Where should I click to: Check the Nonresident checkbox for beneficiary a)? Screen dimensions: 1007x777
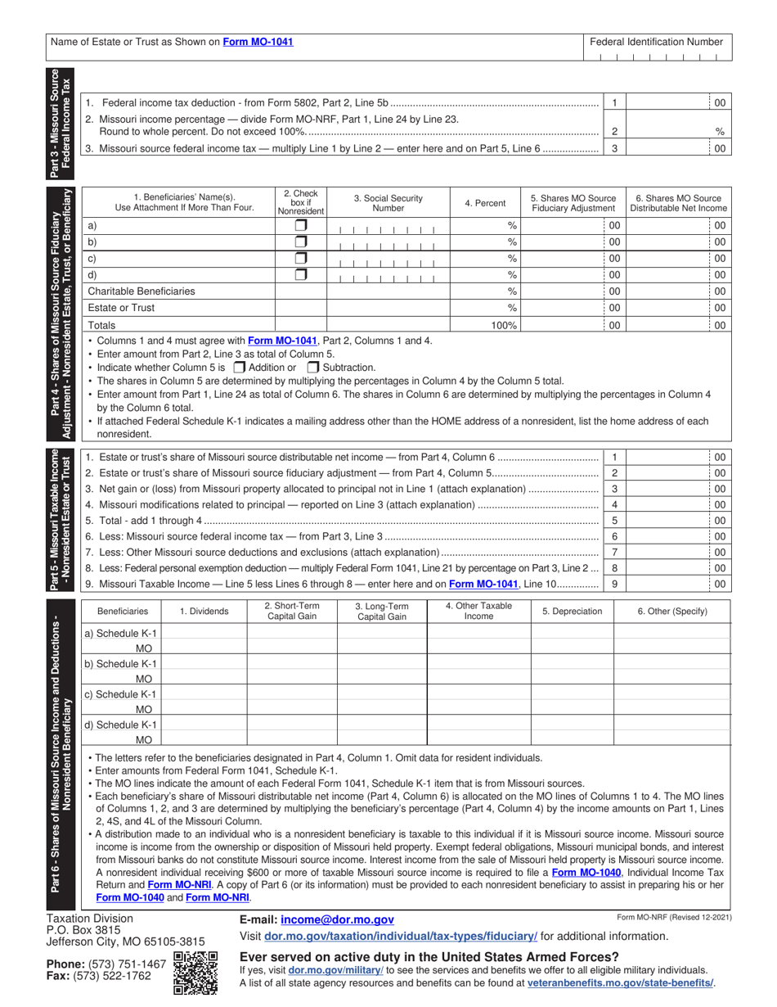[x=301, y=225]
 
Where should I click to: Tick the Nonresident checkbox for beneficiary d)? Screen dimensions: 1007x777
[x=301, y=275]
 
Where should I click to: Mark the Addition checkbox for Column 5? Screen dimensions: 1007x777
[x=240, y=368]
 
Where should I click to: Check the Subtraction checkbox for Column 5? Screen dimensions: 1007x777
[x=312, y=368]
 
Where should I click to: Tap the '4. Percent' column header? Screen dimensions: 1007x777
[x=485, y=203]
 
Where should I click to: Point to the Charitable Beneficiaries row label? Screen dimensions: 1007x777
[x=141, y=291]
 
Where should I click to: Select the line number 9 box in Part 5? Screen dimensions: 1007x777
[x=614, y=584]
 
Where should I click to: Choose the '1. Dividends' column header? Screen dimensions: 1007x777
[x=204, y=611]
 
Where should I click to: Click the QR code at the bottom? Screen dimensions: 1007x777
[x=195, y=973]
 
